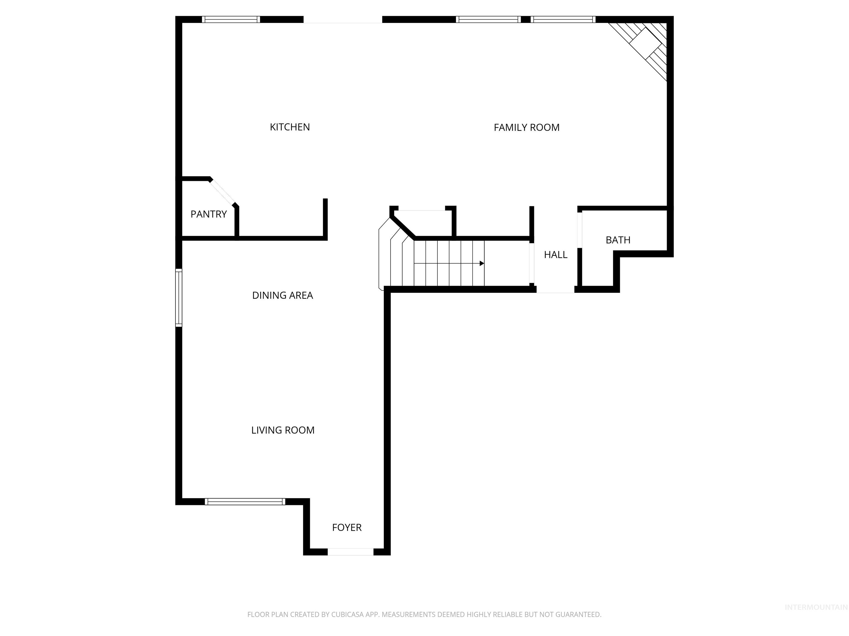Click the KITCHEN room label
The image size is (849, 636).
pyautogui.click(x=290, y=127)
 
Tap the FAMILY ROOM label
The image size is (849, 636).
pyautogui.click(x=526, y=128)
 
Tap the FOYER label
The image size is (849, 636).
pyautogui.click(x=347, y=528)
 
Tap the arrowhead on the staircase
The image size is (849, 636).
pyautogui.click(x=482, y=263)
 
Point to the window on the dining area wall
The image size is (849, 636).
pyautogui.click(x=179, y=298)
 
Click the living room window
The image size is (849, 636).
pyautogui.click(x=245, y=502)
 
